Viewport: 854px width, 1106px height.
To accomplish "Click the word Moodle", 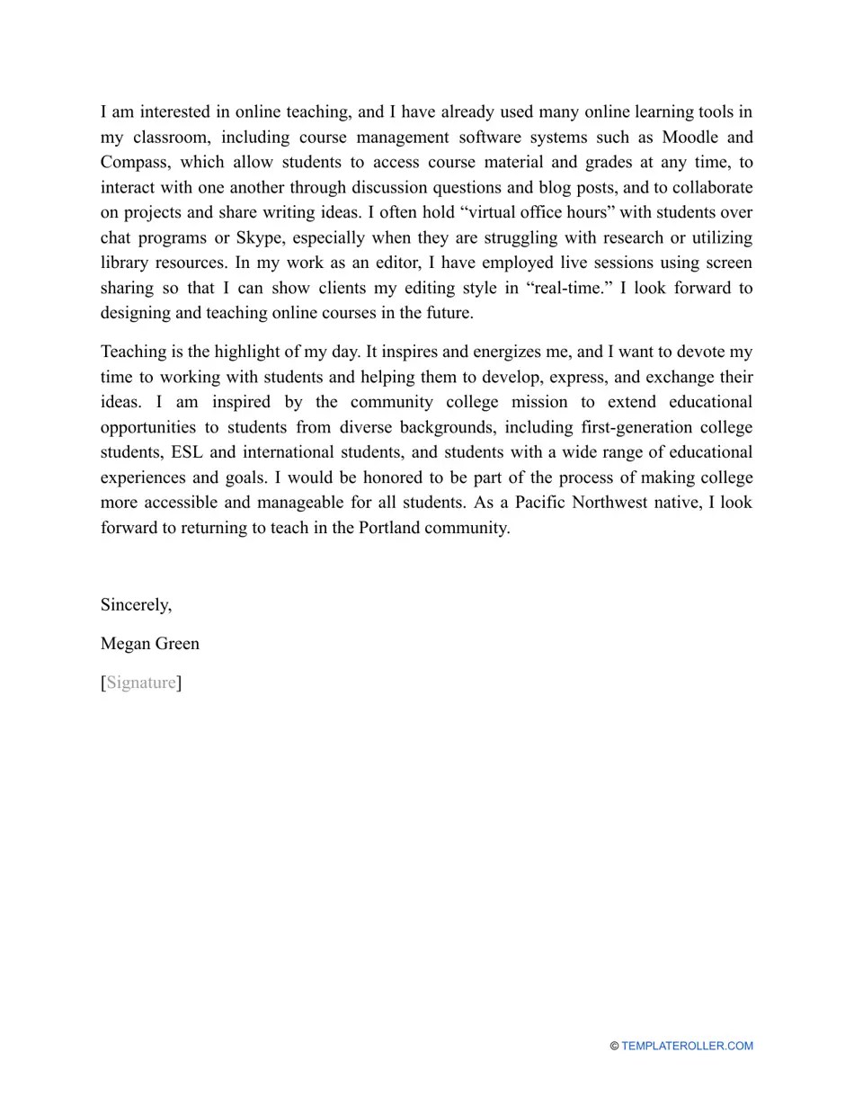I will [x=689, y=138].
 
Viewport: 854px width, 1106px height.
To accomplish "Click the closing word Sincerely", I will [x=135, y=605].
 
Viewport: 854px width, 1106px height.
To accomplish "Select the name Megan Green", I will [x=150, y=644].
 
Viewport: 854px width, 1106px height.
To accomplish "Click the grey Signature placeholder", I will [x=141, y=682].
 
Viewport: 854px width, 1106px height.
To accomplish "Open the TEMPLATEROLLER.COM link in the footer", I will [x=687, y=1046].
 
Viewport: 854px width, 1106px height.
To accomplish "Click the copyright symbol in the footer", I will [x=614, y=1046].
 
